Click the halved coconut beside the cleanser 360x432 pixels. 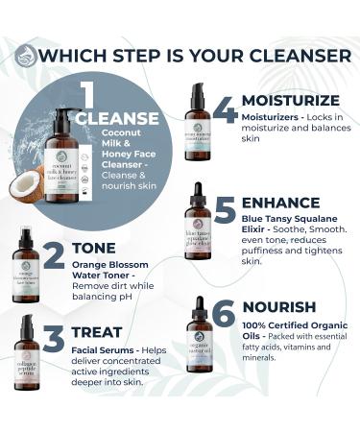tap(30, 184)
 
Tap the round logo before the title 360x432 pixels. tap(26, 55)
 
